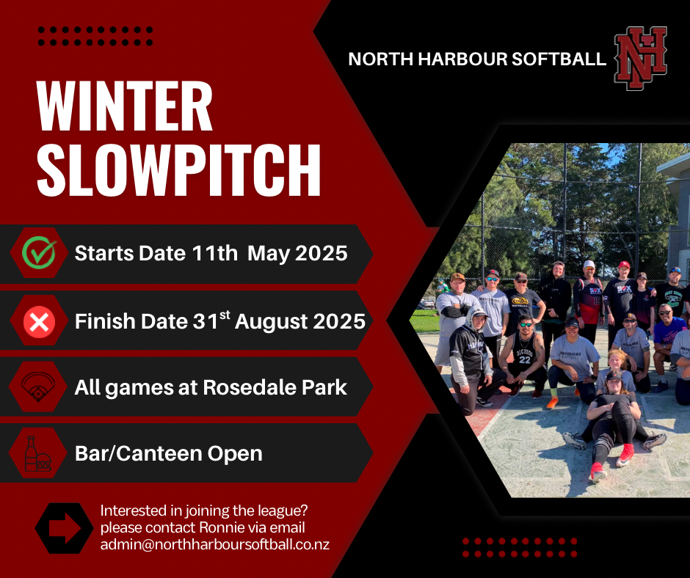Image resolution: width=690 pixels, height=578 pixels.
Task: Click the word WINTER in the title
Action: tap(125, 106)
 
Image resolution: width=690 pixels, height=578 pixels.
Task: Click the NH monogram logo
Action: tap(640, 58)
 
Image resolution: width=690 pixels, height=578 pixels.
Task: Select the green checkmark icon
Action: tap(39, 252)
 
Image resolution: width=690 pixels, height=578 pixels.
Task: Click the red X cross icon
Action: tap(39, 321)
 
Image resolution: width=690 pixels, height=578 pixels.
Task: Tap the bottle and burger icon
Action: tap(37, 453)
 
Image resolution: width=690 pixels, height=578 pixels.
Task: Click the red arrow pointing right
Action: tap(65, 528)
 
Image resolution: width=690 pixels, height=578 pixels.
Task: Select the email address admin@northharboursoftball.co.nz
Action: tap(215, 544)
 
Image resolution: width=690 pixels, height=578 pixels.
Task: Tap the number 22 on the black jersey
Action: tap(525, 359)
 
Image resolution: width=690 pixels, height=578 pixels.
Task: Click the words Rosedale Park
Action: tap(275, 387)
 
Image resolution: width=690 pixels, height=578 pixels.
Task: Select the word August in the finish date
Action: tap(270, 322)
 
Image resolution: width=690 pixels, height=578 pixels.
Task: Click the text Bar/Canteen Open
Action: tap(169, 453)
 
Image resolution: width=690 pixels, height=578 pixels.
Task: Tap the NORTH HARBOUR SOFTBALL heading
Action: tap(477, 59)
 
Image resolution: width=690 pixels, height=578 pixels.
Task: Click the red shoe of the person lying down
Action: tap(625, 456)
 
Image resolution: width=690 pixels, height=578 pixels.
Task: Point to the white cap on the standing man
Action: tap(589, 264)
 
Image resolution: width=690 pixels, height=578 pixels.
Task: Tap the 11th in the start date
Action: tap(215, 253)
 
